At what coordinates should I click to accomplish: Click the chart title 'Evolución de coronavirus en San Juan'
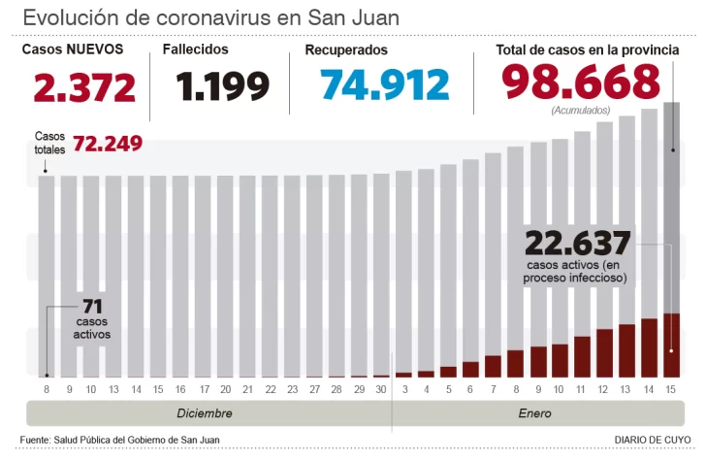[210, 17]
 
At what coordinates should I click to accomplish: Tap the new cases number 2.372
[84, 87]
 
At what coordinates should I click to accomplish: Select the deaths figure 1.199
[222, 87]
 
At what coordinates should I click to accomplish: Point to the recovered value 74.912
[385, 85]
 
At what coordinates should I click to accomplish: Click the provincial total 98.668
[581, 82]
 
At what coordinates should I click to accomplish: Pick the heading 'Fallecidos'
[196, 49]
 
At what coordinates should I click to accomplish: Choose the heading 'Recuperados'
[346, 49]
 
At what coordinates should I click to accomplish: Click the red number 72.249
[108, 144]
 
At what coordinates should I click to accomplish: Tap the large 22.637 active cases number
[577, 243]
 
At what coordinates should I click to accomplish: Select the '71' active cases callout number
[93, 307]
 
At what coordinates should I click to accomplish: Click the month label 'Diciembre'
[204, 413]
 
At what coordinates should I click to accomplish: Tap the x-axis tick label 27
[314, 389]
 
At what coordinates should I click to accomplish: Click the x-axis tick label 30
[381, 389]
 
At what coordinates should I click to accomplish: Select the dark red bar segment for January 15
[671, 345]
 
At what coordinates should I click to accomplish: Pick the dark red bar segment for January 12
[604, 353]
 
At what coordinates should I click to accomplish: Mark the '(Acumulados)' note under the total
[581, 111]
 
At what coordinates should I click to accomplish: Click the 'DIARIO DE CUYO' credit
[652, 441]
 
